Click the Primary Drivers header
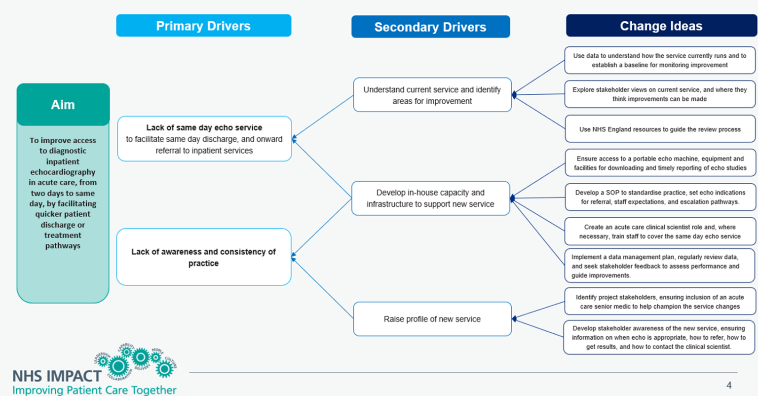click(203, 26)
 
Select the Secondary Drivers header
click(430, 27)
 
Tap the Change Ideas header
click(661, 26)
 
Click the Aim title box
click(63, 104)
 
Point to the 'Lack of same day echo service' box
click(204, 139)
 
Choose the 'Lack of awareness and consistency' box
click(203, 257)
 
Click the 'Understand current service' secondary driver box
click(432, 95)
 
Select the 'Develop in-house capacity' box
click(430, 198)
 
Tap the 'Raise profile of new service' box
click(432, 319)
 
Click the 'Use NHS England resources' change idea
click(660, 129)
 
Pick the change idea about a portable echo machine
click(660, 163)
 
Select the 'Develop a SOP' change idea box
click(660, 197)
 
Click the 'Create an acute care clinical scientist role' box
click(660, 232)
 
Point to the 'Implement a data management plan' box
click(660, 266)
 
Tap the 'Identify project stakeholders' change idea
click(660, 301)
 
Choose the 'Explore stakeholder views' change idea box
click(660, 94)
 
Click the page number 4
click(729, 385)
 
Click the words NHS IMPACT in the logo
click(56, 376)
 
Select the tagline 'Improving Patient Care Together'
click(94, 390)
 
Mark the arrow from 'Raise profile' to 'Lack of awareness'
click(323, 288)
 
